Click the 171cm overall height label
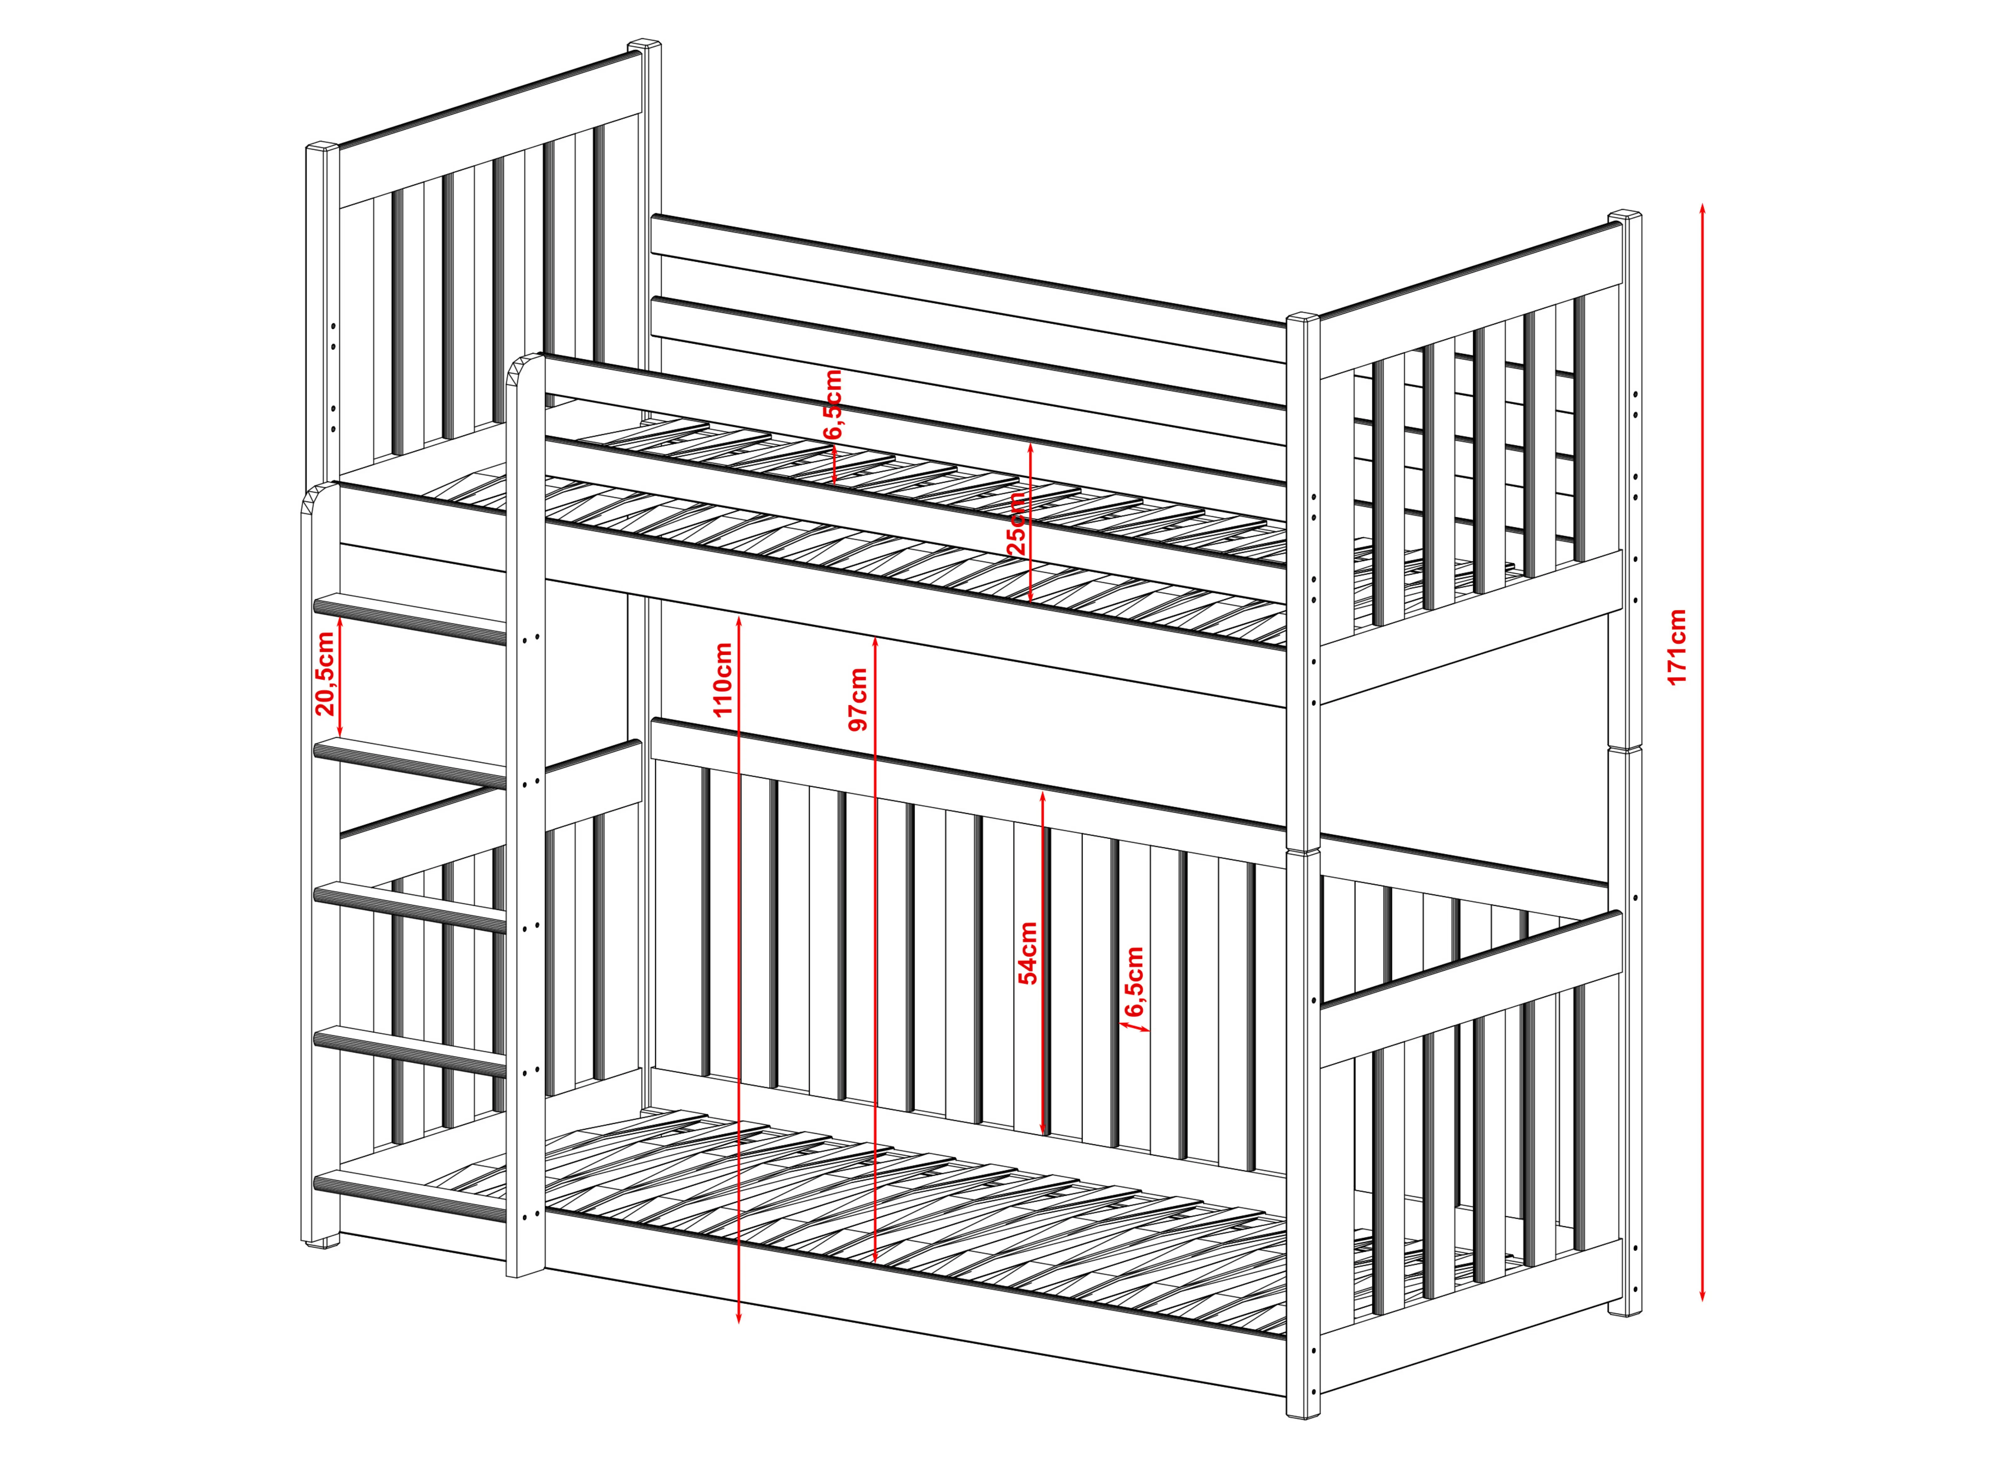[x=1676, y=647]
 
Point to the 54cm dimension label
[x=1027, y=953]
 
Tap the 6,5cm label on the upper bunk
[x=832, y=405]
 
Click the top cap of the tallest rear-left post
[x=645, y=44]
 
